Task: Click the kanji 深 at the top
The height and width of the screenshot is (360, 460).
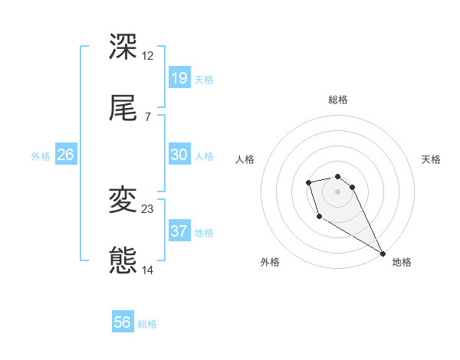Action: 123,47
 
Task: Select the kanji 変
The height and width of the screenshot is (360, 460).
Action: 123,200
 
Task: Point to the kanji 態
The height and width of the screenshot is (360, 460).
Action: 123,260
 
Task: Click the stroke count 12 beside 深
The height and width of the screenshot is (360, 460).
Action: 148,55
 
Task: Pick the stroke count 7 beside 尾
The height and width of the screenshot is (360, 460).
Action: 147,116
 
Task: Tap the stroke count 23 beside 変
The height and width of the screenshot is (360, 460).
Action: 148,208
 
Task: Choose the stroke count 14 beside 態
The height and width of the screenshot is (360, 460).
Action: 148,270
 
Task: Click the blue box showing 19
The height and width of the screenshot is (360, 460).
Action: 179,78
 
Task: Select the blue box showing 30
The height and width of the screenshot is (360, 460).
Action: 179,155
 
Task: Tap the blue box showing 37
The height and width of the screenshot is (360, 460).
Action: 179,231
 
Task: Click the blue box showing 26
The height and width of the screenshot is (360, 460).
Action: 66,155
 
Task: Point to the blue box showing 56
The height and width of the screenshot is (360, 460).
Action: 123,322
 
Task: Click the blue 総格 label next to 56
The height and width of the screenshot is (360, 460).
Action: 147,324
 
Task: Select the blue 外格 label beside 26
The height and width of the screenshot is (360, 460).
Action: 41,156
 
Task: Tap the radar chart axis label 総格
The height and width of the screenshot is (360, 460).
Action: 337,100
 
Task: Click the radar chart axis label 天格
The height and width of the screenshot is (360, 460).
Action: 431,159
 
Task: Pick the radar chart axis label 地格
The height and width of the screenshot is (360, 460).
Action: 402,262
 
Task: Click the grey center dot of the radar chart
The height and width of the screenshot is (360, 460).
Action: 337,191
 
